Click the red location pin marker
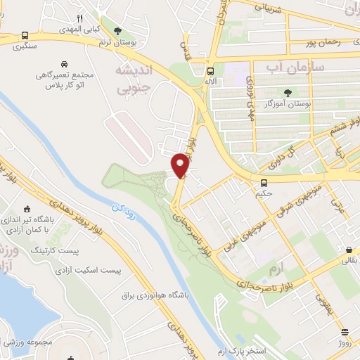click(180, 165)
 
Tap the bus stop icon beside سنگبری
click(25, 35)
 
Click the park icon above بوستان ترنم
click(117, 30)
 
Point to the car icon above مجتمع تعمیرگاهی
click(64, 63)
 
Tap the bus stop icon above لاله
click(211, 71)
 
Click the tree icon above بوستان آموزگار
click(287, 92)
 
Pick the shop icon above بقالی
click(349, 250)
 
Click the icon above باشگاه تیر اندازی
click(27, 208)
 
